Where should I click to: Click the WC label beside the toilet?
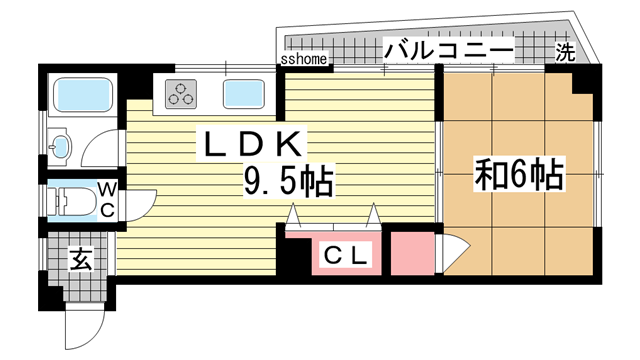coord(107,196)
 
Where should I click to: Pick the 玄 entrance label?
coord(81,261)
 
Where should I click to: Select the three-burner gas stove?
coord(182,96)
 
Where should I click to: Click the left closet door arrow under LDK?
coord(294,215)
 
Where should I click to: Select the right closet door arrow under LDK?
coord(373,215)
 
